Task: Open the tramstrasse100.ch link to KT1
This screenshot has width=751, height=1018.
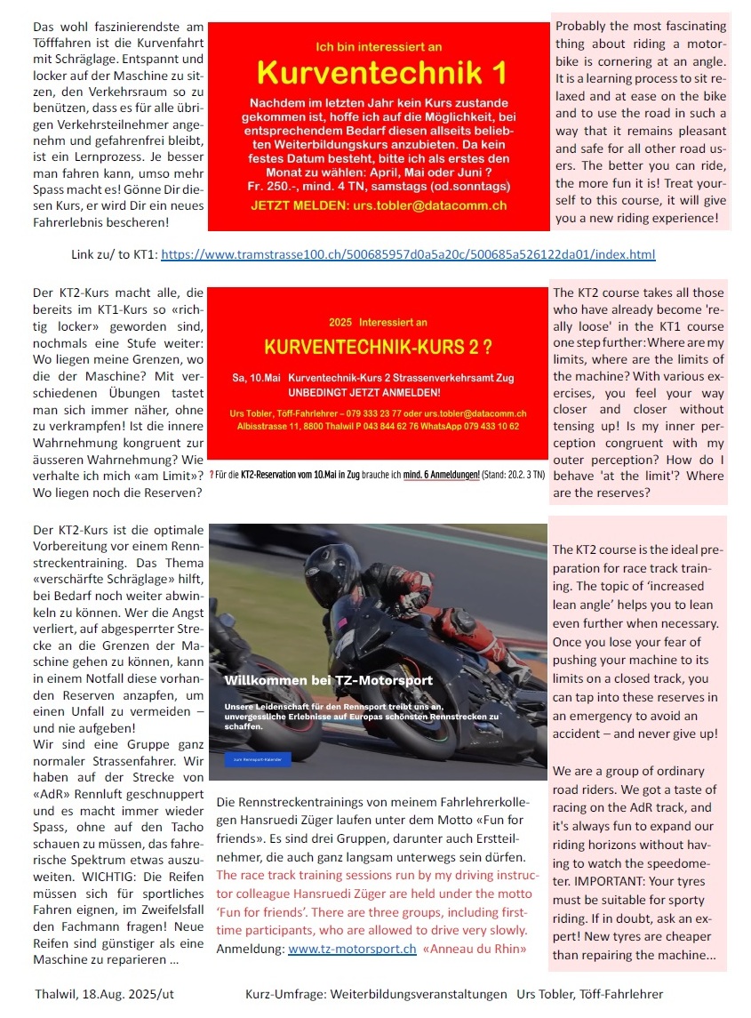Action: click(408, 254)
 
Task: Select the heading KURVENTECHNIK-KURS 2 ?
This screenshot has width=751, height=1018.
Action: click(378, 343)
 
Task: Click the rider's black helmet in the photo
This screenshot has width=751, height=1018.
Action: click(331, 573)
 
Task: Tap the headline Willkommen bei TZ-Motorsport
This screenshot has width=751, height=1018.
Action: click(328, 680)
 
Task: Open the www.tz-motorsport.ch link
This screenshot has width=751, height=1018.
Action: click(352, 949)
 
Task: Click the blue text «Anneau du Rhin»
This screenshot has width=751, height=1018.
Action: click(475, 949)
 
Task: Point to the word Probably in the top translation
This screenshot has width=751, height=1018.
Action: click(585, 27)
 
